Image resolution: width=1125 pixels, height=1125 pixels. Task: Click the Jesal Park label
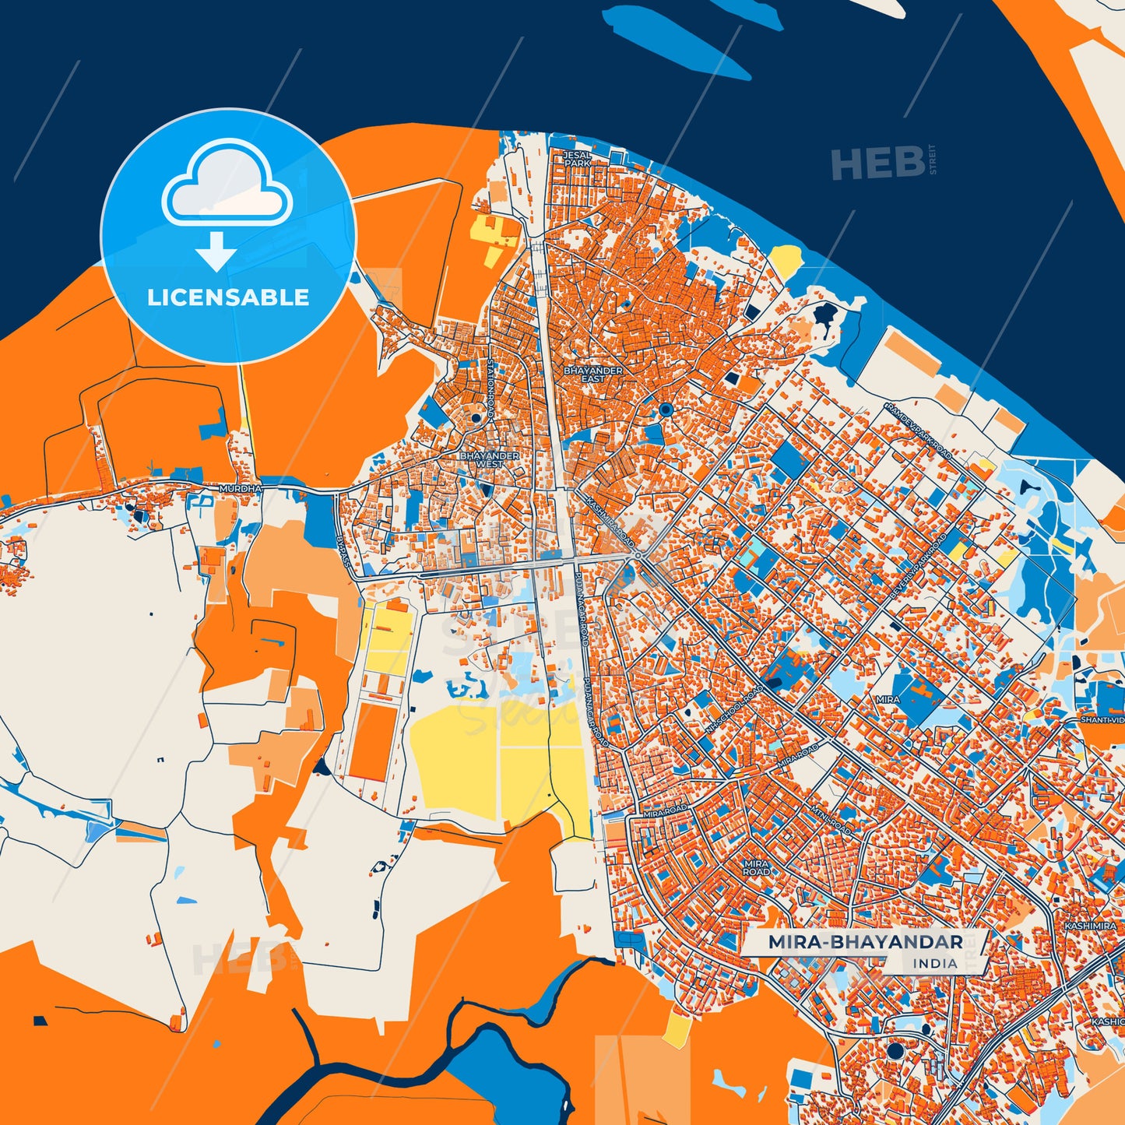577,160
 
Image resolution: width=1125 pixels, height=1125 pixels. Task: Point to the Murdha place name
240,488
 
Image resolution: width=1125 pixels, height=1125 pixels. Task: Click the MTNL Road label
831,812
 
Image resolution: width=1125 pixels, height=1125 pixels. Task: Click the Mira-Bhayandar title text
865,942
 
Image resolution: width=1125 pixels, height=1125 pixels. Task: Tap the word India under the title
935,964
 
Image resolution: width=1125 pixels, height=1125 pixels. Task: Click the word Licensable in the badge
228,297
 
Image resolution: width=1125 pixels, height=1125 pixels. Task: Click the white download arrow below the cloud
216,252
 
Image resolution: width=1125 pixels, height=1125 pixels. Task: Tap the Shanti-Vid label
1101,720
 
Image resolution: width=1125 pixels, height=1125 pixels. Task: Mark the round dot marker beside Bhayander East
665,409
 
